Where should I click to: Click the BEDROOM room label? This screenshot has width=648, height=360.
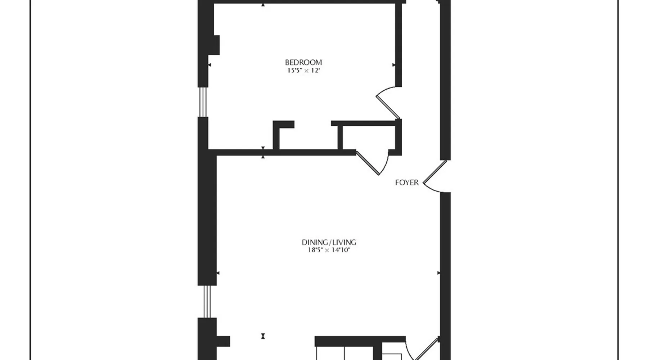tap(303, 62)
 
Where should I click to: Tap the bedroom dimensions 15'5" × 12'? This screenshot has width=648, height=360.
tap(303, 71)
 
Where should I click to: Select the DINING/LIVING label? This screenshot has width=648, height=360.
tap(329, 242)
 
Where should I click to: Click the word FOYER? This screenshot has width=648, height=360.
tap(407, 183)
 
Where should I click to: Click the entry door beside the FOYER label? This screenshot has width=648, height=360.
tap(435, 176)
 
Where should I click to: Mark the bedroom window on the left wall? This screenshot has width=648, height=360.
tap(203, 102)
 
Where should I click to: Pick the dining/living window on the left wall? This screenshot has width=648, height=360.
tap(207, 302)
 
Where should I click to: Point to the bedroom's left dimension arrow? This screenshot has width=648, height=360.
tap(210, 65)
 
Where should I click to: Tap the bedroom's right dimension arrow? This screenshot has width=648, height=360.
tap(394, 65)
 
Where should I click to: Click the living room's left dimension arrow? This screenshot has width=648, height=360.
tap(217, 273)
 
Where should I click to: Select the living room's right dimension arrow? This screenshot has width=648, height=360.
tap(438, 273)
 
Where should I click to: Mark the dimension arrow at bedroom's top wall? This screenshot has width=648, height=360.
tap(263, 5)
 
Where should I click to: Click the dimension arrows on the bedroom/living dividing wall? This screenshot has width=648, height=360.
tap(263, 152)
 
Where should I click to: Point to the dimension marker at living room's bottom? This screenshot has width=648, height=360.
tap(263, 336)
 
